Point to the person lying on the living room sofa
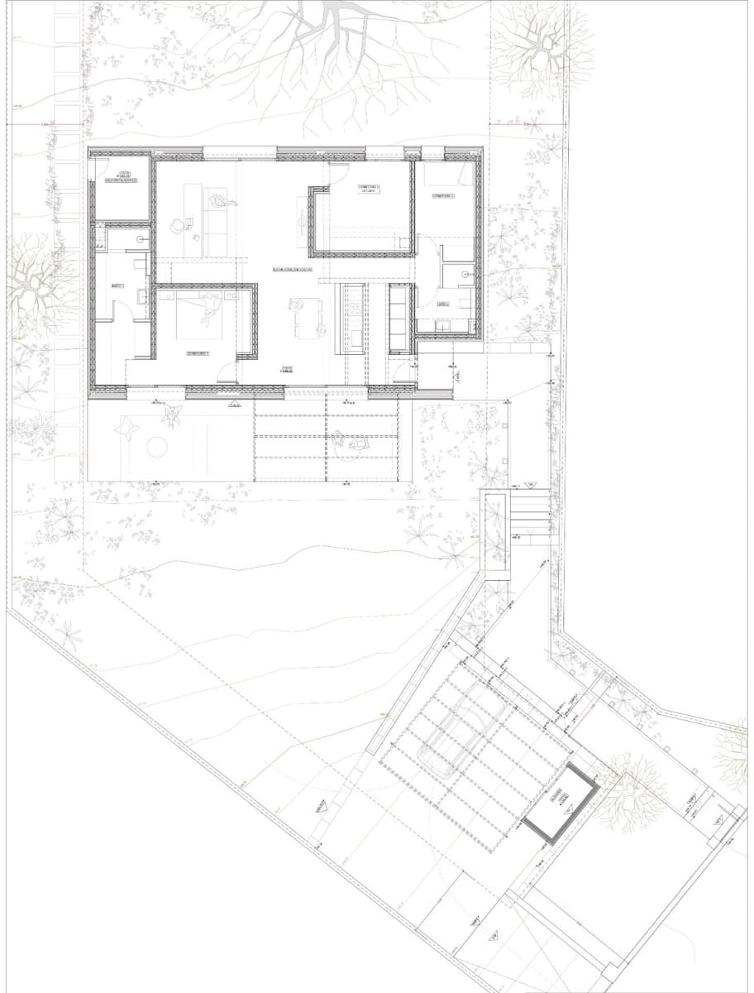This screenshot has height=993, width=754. coord(217,201)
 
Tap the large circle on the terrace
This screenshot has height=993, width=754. coord(157,448)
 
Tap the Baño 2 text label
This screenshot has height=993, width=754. coord(442,304)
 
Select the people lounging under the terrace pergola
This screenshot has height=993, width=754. coord(356,439)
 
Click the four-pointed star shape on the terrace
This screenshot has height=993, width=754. coord(128,427)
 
